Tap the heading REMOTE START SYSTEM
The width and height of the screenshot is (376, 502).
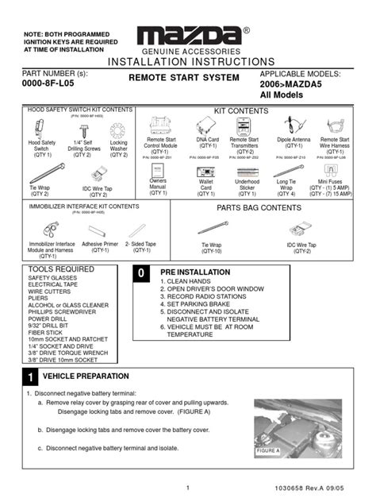tap(178, 79)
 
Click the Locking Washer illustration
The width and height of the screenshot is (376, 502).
tap(117, 129)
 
